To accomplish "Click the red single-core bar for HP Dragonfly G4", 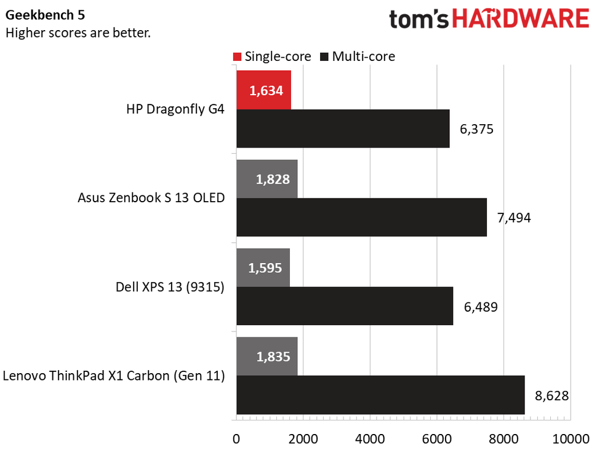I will (263, 90).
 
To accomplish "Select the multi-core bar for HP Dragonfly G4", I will (343, 129).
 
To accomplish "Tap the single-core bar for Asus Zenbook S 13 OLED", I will (266, 179).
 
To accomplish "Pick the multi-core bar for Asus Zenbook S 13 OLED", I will (361, 218).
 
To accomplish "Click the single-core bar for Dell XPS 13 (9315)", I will (263, 268).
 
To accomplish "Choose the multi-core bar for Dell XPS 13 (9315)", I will (345, 306).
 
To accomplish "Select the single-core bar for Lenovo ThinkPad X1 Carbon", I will (266, 357).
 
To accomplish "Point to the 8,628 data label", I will (551, 395).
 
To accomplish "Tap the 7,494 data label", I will (514, 218).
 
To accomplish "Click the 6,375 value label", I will (476, 129).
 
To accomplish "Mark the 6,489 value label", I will (480, 306).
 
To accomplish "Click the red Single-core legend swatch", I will (237, 57).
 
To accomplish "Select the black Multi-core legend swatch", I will (324, 57).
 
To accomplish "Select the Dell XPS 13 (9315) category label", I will (170, 287).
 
